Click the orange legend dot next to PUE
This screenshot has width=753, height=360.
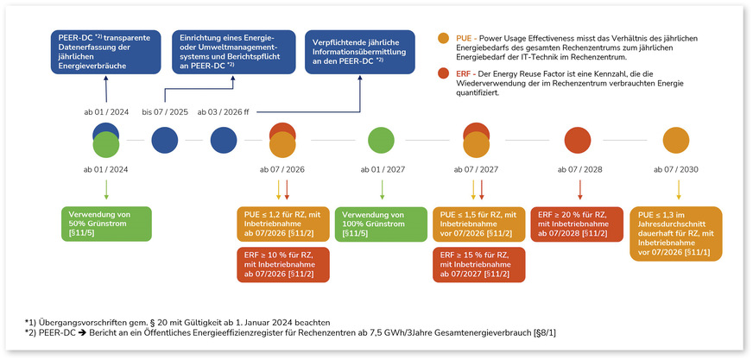click(x=443, y=39)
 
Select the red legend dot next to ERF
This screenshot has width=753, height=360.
click(x=443, y=75)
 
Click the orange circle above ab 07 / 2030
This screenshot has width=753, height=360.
click(x=677, y=140)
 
